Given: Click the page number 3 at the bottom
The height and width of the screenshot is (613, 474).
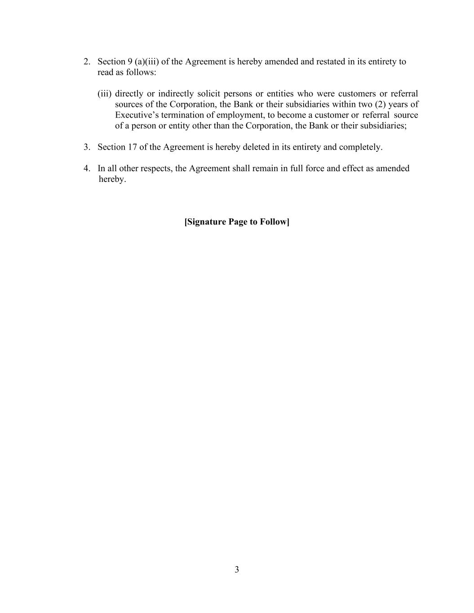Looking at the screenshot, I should click(237, 570).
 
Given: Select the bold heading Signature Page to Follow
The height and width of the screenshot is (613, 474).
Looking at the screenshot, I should click(237, 222).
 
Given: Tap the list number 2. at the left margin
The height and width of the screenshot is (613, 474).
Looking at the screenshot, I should click(87, 62).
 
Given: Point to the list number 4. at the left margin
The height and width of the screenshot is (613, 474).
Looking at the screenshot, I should click(87, 168).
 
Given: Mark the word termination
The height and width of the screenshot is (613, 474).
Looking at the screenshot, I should click(182, 115).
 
